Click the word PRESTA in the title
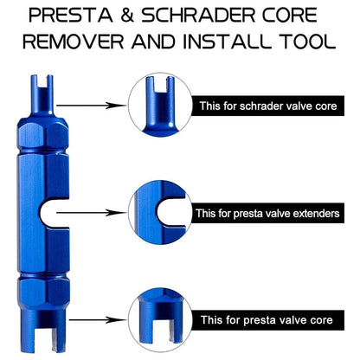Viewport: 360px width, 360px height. [62, 15]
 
